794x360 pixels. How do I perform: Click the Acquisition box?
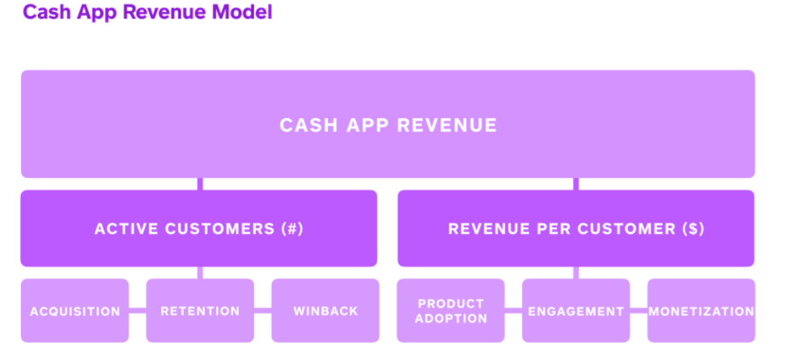(x=75, y=311)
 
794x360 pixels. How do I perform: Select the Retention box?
(x=200, y=311)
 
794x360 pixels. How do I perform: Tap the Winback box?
(x=325, y=311)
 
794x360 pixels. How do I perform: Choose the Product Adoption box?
(x=451, y=311)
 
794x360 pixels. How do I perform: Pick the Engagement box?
(x=575, y=311)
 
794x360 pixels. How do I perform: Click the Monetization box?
(x=702, y=311)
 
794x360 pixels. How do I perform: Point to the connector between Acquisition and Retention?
(x=138, y=311)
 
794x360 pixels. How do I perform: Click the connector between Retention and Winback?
(x=263, y=311)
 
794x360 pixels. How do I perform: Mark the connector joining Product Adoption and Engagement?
(x=513, y=311)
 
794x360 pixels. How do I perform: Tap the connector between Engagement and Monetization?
(x=639, y=311)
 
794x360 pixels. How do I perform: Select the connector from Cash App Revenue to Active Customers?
(x=200, y=184)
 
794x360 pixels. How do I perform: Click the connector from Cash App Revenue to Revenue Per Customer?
(x=575, y=184)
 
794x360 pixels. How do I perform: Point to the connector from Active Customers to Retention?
(x=200, y=273)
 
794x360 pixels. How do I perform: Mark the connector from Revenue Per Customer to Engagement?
(x=575, y=273)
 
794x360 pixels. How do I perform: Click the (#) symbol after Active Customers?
(x=292, y=229)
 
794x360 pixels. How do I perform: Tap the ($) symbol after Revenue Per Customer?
(x=693, y=229)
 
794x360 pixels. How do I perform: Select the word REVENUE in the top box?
(x=448, y=125)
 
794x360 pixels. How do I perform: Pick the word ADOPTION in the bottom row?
(x=451, y=319)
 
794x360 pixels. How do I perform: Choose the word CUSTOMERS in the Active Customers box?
(x=220, y=229)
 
